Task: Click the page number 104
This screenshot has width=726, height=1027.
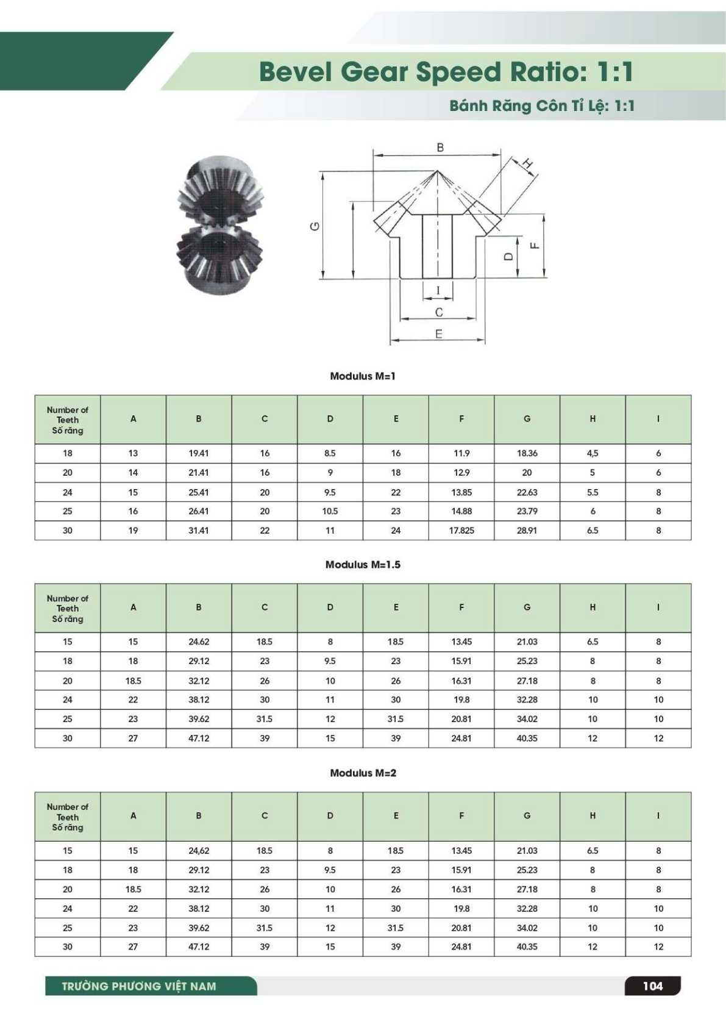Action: (652, 986)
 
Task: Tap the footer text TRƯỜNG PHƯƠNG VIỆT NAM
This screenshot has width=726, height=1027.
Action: (139, 986)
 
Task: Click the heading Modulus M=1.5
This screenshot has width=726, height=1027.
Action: (363, 565)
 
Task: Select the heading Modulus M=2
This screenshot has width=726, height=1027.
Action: (363, 773)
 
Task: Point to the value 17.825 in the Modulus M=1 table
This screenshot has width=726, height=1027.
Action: (461, 531)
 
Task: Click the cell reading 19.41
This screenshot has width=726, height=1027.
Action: (199, 453)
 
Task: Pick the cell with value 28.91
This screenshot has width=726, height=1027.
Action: (527, 531)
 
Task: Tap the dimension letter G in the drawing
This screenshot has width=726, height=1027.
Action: (315, 226)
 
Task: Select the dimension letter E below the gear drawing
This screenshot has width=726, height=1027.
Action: (438, 334)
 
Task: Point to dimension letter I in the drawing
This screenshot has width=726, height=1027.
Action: (438, 290)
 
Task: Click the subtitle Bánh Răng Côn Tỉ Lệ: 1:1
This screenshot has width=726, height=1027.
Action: (542, 106)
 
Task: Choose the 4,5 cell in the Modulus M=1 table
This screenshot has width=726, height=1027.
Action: (593, 453)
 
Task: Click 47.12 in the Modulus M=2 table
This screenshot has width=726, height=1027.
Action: (199, 946)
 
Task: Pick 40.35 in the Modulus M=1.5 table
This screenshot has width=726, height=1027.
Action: (527, 738)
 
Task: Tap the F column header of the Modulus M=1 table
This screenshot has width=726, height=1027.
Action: (461, 419)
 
